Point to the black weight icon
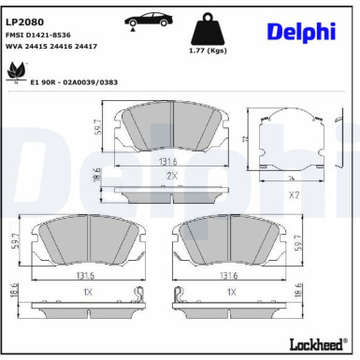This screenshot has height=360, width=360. tap(215, 30)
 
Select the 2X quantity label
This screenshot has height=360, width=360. tap(172, 174)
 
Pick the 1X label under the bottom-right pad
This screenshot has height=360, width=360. tap(232, 292)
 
